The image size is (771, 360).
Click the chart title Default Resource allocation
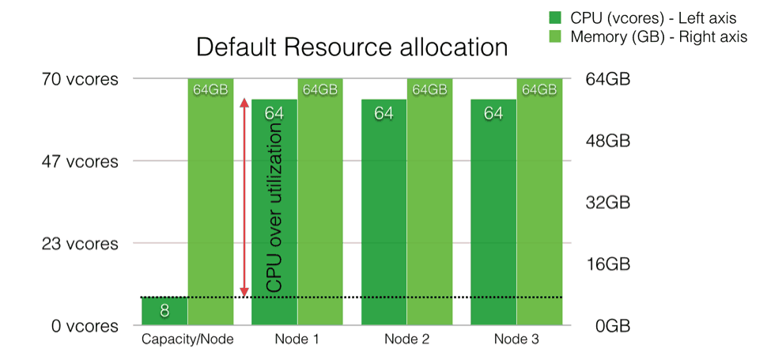tap(351, 47)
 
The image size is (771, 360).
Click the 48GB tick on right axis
tap(607, 141)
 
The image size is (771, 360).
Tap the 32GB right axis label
tap(607, 203)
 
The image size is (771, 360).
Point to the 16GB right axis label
tap(607, 264)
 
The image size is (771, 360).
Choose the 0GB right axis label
tap(610, 326)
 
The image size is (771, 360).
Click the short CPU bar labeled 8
tap(164, 311)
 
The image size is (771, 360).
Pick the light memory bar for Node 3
tap(539, 206)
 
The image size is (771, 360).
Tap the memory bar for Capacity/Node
tap(210, 206)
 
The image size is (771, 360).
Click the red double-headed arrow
tap(245, 198)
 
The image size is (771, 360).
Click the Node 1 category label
tap(297, 339)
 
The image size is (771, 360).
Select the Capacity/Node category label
tap(187, 339)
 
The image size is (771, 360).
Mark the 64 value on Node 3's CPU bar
tap(493, 114)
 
